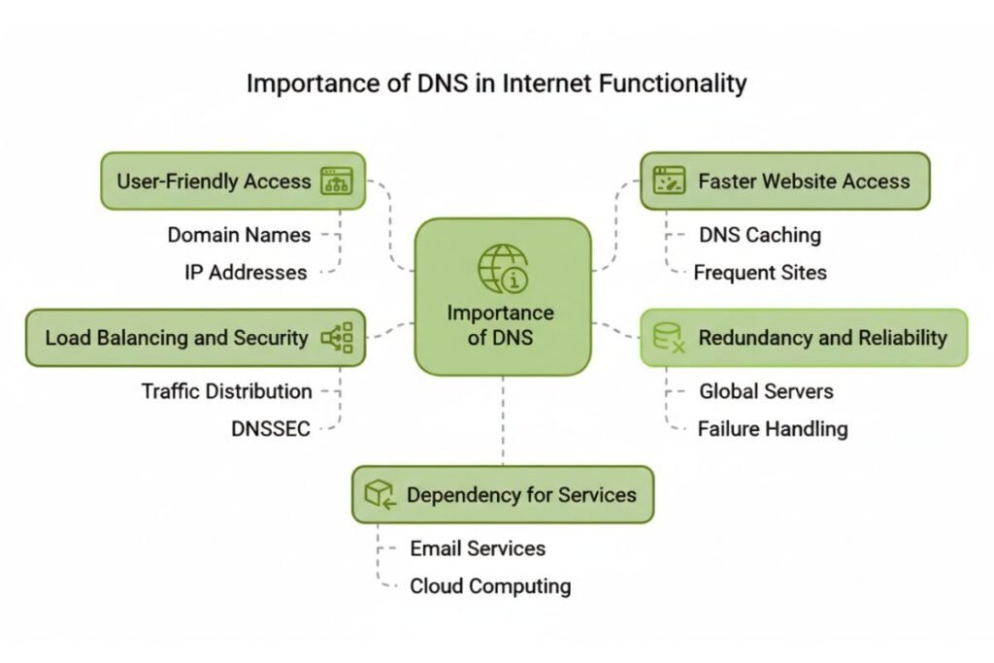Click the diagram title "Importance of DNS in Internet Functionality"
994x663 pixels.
[496, 83]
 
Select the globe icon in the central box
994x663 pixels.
[503, 268]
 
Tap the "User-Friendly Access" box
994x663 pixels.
[233, 181]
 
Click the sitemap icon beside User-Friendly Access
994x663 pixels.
[337, 181]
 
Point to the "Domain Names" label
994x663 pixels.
[239, 235]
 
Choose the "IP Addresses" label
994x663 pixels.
[246, 273]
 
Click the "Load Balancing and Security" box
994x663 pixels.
[195, 338]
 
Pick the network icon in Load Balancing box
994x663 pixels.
[337, 338]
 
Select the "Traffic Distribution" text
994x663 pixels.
[226, 391]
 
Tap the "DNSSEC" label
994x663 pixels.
[271, 428]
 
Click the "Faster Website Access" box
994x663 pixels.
[784, 181]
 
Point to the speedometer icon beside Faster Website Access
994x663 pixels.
[669, 181]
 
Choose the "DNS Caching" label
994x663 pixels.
[759, 235]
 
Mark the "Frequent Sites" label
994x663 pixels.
[759, 273]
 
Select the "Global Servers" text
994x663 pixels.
[766, 391]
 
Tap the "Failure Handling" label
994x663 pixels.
[772, 428]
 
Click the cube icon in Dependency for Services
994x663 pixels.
[380, 495]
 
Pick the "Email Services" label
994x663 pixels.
[477, 548]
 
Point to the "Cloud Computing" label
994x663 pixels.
[489, 586]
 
